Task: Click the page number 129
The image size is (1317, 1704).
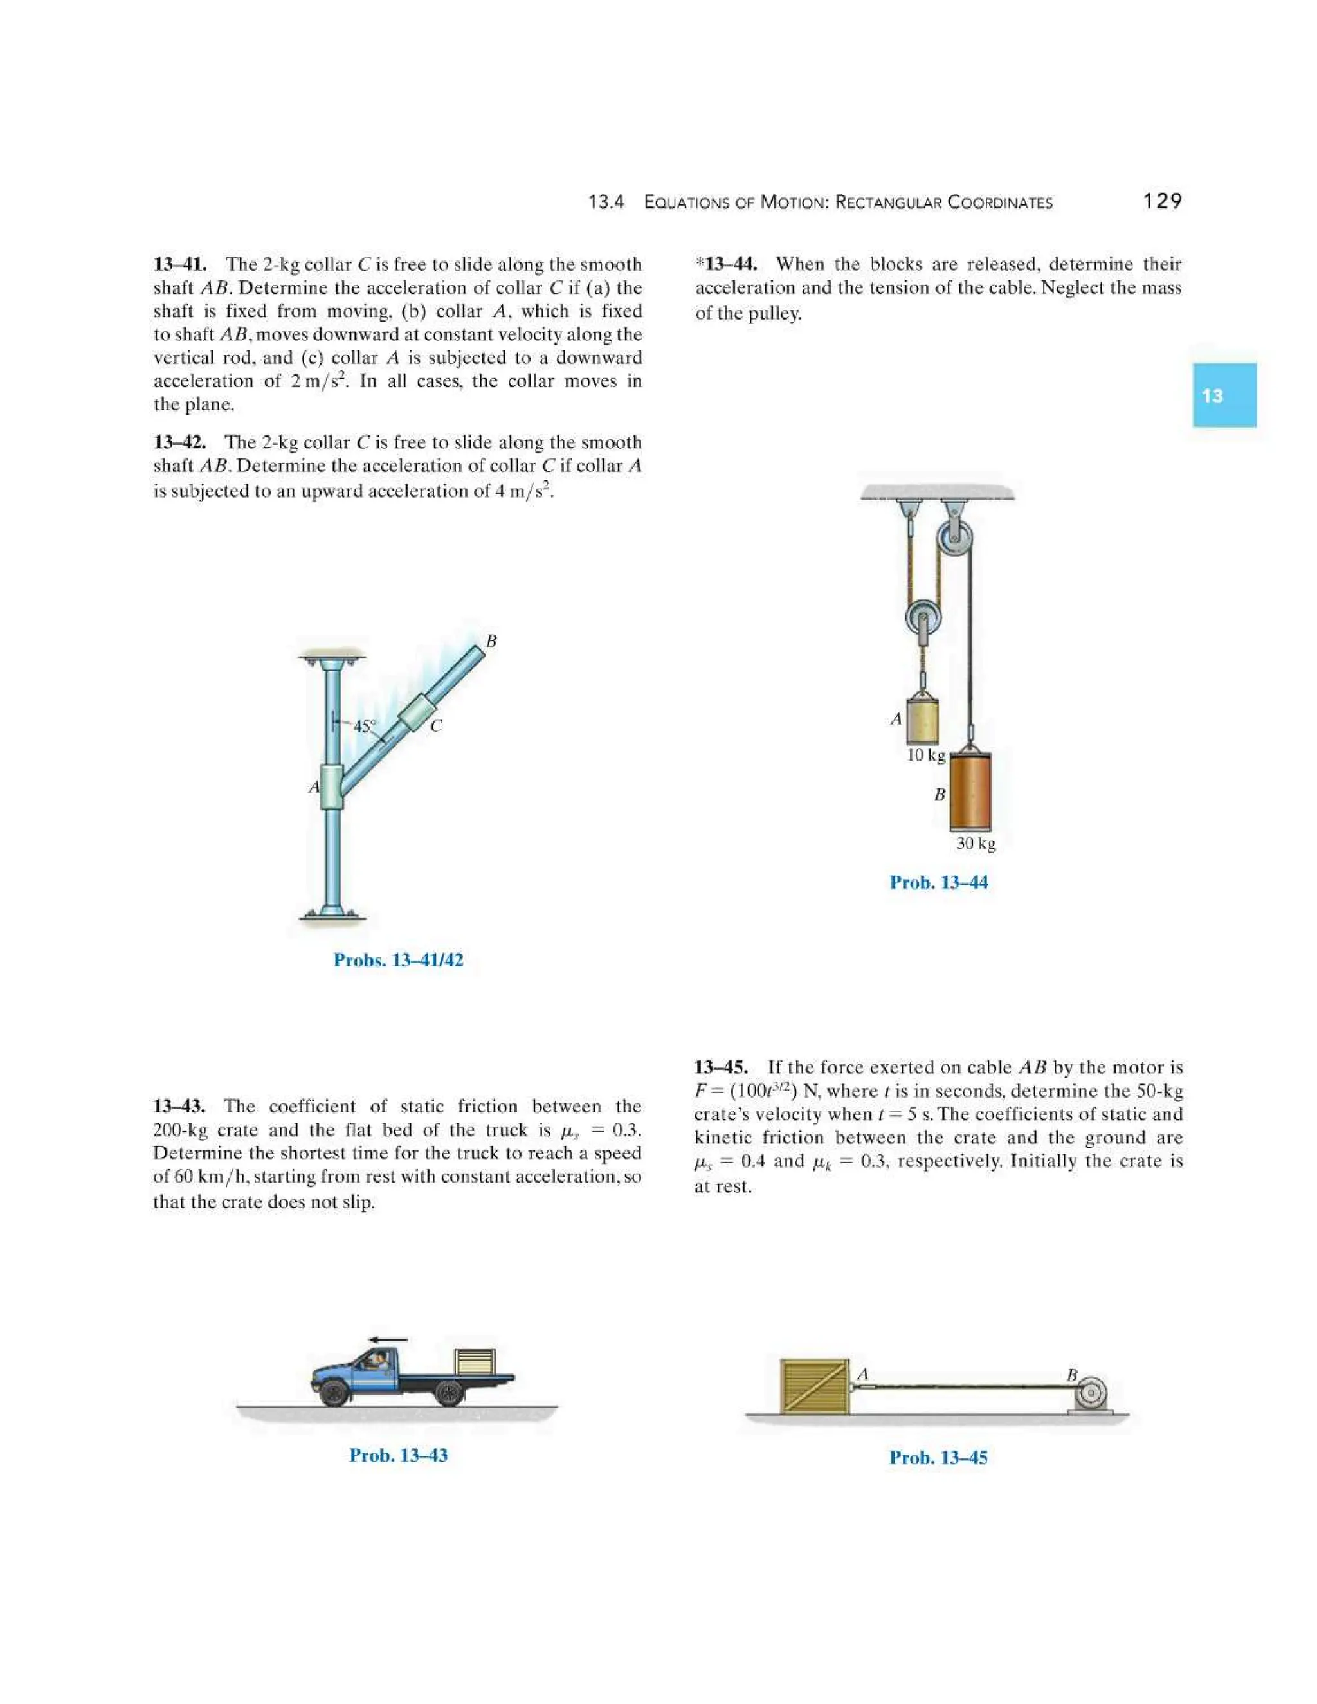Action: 1162,201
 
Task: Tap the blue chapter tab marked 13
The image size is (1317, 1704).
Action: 1223,395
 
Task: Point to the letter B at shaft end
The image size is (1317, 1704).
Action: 491,640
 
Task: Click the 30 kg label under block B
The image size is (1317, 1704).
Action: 976,844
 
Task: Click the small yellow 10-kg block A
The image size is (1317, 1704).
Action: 922,719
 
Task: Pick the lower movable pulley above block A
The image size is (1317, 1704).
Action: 923,618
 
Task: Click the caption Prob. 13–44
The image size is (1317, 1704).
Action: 939,882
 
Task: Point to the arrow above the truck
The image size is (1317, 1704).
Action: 388,1339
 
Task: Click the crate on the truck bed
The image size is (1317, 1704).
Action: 475,1363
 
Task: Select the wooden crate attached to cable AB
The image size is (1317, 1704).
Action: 813,1386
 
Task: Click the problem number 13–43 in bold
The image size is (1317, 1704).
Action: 179,1107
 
